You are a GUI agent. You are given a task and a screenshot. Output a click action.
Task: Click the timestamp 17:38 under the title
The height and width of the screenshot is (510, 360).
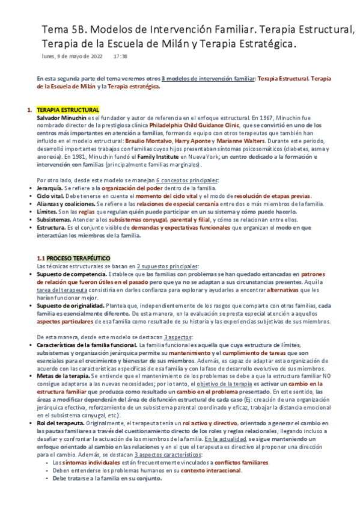click(x=120, y=57)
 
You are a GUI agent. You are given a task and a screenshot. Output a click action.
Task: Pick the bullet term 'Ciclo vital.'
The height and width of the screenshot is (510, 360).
click(x=53, y=196)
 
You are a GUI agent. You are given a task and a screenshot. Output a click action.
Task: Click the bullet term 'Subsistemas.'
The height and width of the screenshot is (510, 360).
click(x=55, y=220)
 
